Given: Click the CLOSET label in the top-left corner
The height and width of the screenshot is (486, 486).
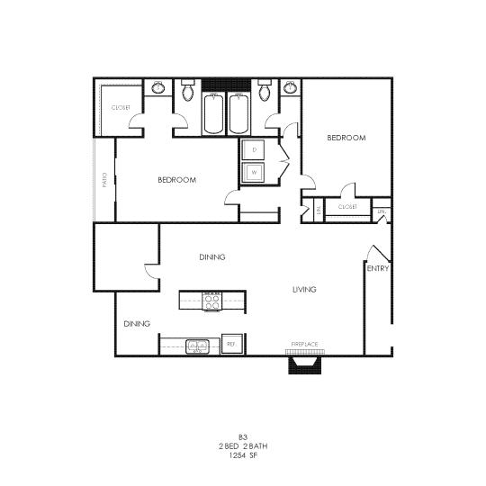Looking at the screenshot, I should point(121,108).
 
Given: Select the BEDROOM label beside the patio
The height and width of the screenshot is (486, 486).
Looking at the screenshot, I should point(176,180).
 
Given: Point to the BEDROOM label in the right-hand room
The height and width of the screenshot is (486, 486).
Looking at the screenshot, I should point(346,138).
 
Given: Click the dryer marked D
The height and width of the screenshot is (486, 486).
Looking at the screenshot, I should point(255,149).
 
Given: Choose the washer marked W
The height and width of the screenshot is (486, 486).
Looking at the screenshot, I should point(255,171).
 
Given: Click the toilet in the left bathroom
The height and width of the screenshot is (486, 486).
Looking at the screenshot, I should point(187,91).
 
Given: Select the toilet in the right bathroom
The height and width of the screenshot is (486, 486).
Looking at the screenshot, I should point(265,91).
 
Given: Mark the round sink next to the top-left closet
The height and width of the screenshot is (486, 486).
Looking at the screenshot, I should point(159,87).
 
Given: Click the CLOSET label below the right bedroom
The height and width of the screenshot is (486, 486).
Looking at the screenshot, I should point(347,207).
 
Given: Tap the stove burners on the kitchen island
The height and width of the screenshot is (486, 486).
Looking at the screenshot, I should point(212,301).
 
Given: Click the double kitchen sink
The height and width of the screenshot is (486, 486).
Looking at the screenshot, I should point(198,346).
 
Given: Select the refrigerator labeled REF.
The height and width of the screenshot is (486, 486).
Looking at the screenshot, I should point(232,345).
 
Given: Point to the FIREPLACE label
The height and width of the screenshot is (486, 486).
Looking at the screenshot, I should point(304,344).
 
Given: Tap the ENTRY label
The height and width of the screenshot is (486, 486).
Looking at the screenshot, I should point(377,268).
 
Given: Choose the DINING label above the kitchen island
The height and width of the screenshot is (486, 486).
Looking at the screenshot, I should point(211,257).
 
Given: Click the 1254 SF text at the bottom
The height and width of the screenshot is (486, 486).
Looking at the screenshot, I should point(243,455).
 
